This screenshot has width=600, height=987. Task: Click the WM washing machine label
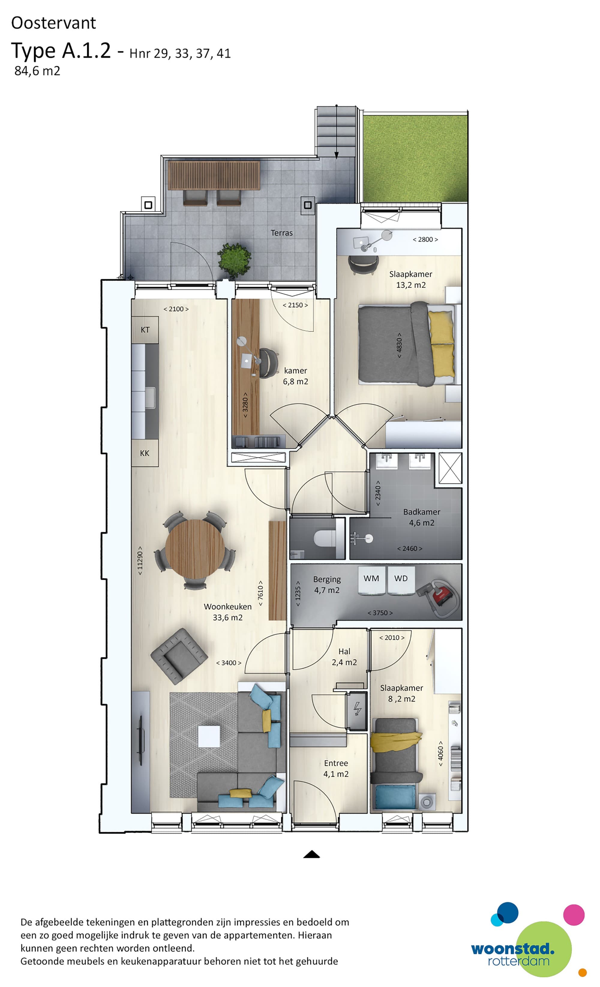[371, 578]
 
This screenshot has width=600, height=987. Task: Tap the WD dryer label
[401, 578]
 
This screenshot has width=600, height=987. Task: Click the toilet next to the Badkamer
[324, 538]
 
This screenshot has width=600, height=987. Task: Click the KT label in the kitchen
[145, 330]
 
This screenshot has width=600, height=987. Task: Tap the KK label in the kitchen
[145, 453]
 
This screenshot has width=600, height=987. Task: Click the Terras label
[281, 233]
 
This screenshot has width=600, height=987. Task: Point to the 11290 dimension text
[140, 560]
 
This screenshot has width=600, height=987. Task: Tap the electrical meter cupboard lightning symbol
[357, 709]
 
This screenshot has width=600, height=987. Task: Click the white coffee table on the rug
[209, 736]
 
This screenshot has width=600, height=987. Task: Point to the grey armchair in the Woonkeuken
[179, 656]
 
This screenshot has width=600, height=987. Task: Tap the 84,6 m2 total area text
[37, 71]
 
